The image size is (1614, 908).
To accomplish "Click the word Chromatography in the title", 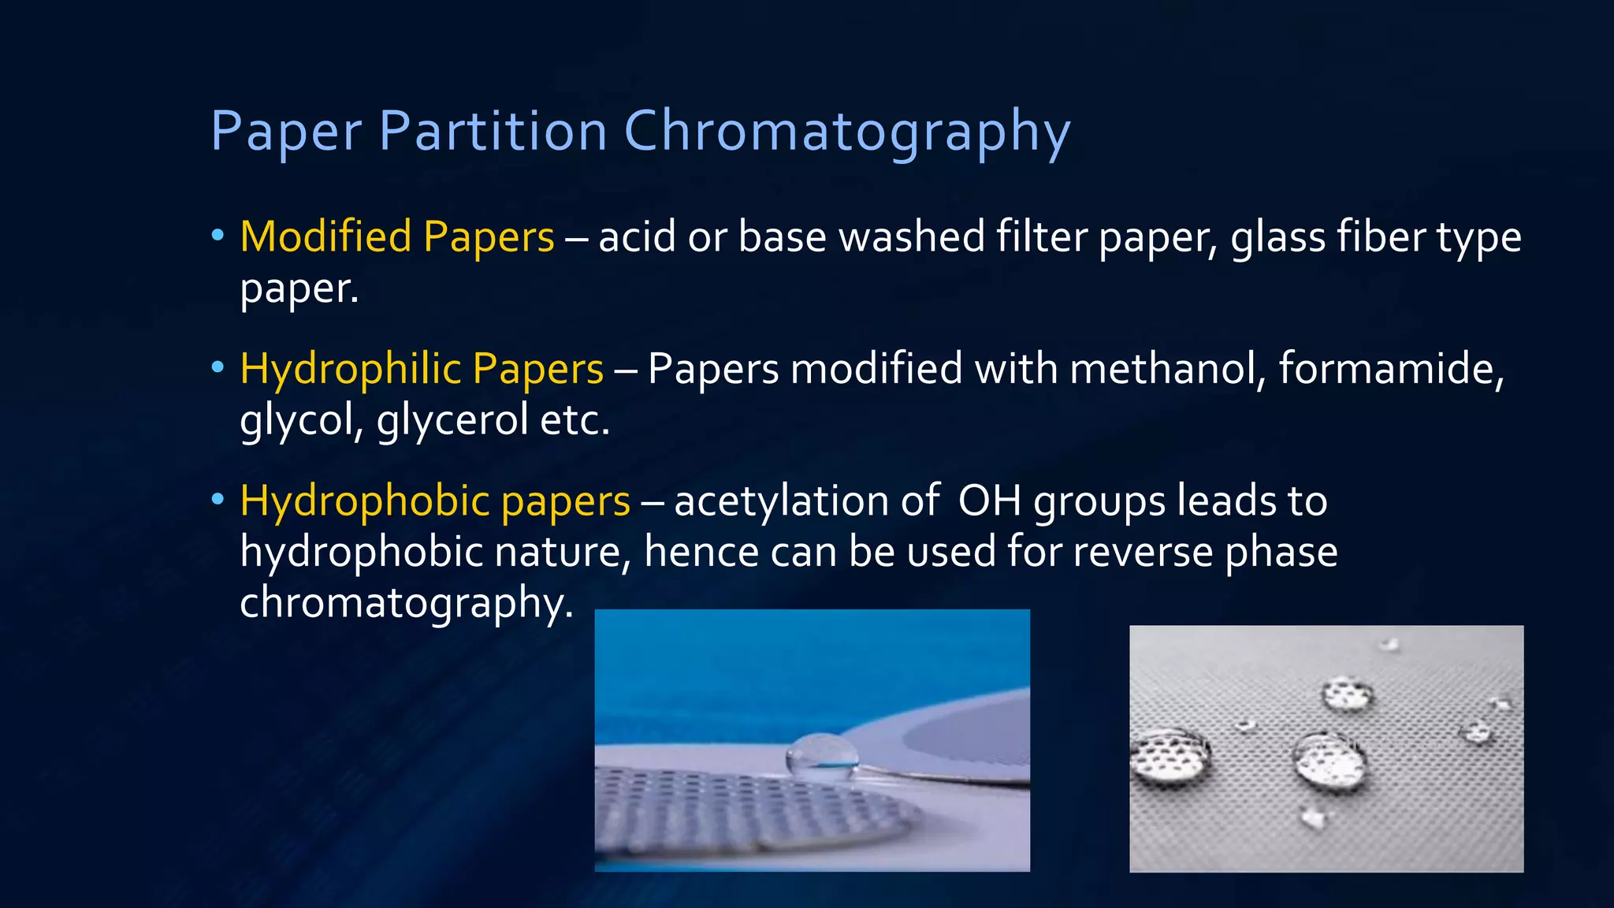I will click(847, 132).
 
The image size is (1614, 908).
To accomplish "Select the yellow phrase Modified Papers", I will click(397, 236).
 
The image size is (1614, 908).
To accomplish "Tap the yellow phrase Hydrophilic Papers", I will click(422, 369).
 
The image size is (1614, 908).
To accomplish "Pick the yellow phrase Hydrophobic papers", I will click(435, 501).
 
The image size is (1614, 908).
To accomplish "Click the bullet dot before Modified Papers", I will click(218, 236).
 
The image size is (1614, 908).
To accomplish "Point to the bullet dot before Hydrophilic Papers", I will click(218, 368).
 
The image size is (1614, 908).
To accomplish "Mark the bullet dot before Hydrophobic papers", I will click(218, 501).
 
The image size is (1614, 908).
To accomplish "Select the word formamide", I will click(1391, 369).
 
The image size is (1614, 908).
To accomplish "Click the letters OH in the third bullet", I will click(989, 501).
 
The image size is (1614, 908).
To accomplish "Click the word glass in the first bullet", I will click(1278, 236).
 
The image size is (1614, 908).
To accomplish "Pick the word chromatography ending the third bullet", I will click(406, 604).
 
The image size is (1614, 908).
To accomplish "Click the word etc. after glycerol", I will click(575, 420).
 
